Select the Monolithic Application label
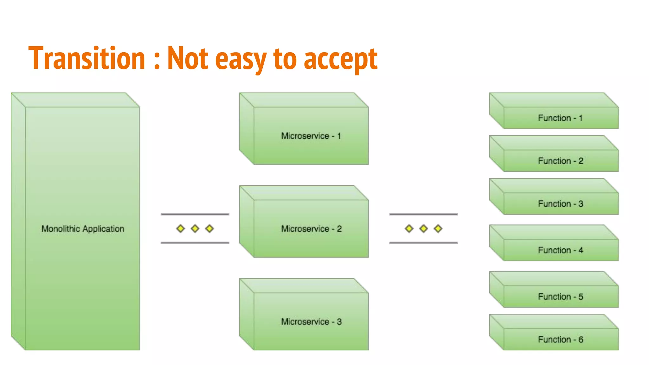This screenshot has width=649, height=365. [x=83, y=229]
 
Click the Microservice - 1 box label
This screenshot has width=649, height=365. [x=311, y=136]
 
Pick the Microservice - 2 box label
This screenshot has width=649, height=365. [x=311, y=229]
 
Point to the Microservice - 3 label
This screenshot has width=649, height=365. [x=311, y=322]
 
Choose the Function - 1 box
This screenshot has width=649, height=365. [x=560, y=118]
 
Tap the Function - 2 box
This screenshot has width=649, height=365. [x=560, y=161]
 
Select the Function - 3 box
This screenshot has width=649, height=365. [x=560, y=204]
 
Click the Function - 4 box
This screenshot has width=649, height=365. [x=560, y=250]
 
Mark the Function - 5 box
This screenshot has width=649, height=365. [x=560, y=297]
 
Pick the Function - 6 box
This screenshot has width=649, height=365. [x=560, y=340]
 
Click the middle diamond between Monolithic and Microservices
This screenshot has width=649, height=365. [x=195, y=228]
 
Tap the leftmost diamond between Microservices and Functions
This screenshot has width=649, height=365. [x=409, y=228]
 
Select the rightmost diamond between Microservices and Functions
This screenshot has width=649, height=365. [x=438, y=228]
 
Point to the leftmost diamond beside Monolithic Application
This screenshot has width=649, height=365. [x=180, y=228]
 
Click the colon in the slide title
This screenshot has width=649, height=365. [x=156, y=60]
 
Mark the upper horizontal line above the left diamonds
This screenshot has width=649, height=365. [x=195, y=214]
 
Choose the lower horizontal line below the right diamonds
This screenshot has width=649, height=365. [x=423, y=243]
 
